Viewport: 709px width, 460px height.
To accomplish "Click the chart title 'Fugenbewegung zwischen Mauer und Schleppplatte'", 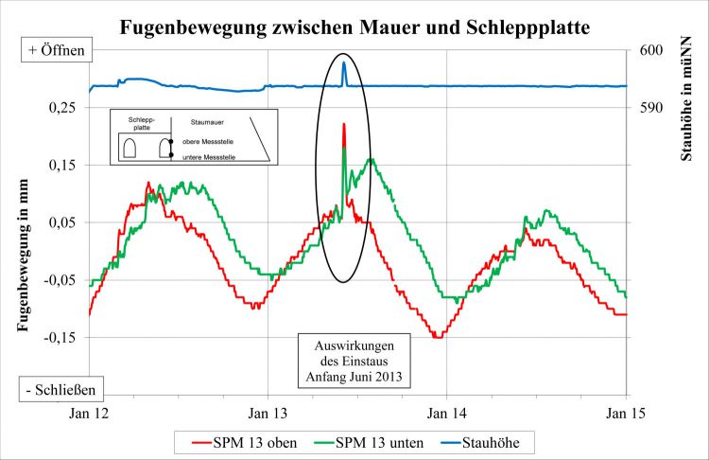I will [x=354, y=27].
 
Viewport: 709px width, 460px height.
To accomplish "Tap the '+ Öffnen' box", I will [x=53, y=50].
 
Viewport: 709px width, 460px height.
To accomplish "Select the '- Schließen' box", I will [x=61, y=388].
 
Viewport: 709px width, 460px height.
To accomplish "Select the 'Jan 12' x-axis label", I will [x=89, y=414].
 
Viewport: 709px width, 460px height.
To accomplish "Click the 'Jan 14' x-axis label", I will [x=447, y=414].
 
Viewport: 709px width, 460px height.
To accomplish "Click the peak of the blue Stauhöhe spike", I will [x=344, y=62].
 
